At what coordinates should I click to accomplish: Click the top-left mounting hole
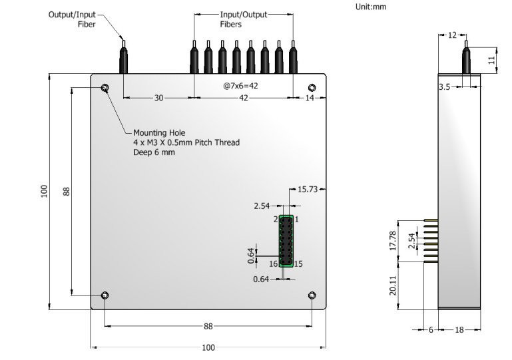[x=105, y=89]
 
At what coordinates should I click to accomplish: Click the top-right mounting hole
[x=312, y=89]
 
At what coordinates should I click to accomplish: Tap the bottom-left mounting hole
[x=105, y=295]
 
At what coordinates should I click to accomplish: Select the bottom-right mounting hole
[x=312, y=295]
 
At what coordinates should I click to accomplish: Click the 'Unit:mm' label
[x=371, y=7]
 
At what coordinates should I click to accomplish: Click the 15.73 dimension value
[x=308, y=190]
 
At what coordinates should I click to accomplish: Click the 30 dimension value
[x=158, y=98]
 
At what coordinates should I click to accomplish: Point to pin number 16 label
[x=273, y=264]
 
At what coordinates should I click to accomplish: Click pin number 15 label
[x=299, y=264]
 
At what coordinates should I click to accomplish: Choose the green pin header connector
[x=286, y=242]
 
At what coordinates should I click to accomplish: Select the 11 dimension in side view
[x=491, y=59]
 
